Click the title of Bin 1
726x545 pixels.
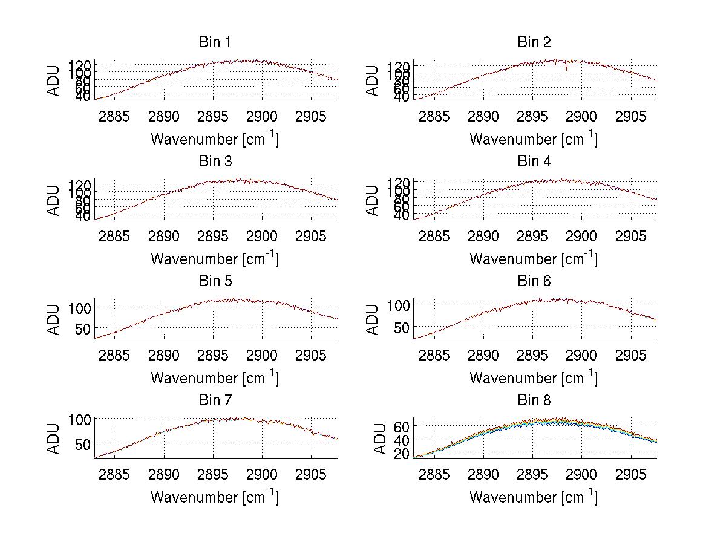click(215, 42)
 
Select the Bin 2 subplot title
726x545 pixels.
click(534, 42)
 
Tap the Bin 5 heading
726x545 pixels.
click(215, 281)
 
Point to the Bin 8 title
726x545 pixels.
click(534, 400)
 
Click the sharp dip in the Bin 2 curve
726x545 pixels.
click(566, 68)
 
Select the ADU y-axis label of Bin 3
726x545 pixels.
click(54, 200)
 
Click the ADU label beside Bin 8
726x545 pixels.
click(379, 439)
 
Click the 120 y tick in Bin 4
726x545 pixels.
click(399, 182)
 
